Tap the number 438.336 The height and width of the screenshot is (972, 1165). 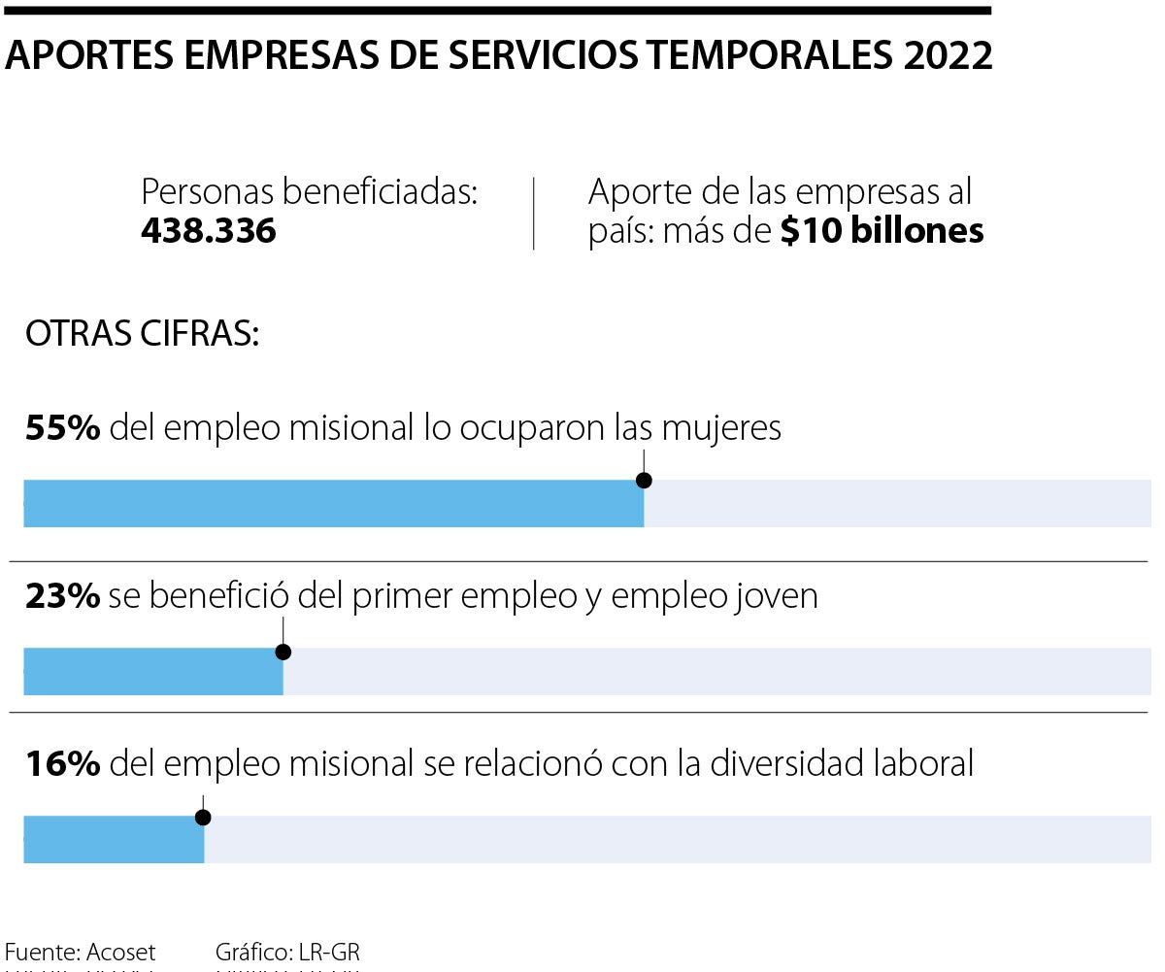209,231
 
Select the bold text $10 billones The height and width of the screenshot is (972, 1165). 882,231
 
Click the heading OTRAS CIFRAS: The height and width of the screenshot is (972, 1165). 142,334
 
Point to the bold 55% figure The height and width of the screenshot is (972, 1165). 63,428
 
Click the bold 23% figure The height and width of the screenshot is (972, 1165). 63,596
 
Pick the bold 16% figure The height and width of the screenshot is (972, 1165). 63,764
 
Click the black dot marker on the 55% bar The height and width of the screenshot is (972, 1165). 644,481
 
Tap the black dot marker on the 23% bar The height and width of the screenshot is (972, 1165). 283,652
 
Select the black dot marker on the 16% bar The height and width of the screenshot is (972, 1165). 203,818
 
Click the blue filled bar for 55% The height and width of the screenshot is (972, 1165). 333,503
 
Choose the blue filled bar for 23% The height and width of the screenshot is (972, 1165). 153,671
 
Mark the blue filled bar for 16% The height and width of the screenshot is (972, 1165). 114,839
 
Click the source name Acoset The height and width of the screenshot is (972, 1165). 121,952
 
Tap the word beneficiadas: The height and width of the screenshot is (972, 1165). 381,192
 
